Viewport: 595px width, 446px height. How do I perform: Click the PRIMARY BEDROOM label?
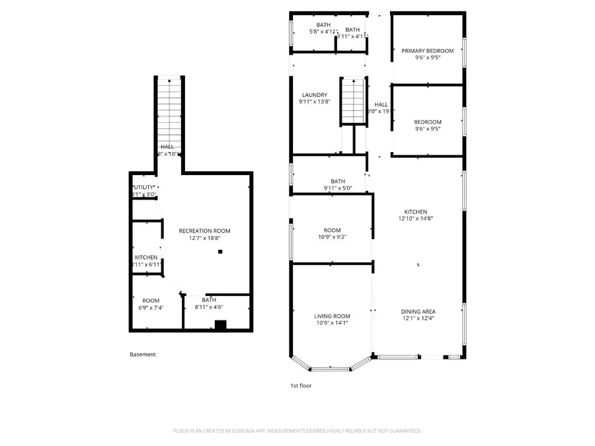(x=428, y=50)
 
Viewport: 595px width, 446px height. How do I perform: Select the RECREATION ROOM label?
(x=204, y=231)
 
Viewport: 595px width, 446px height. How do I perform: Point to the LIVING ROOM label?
(x=332, y=316)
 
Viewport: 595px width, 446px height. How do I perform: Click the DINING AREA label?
(x=418, y=311)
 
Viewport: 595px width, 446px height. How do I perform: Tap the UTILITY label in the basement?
(x=144, y=187)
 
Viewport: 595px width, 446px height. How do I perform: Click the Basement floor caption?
(x=143, y=354)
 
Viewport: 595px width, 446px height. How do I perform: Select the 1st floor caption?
(x=301, y=385)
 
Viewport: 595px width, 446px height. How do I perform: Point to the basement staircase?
(x=170, y=106)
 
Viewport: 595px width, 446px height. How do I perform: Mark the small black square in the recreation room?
(x=221, y=251)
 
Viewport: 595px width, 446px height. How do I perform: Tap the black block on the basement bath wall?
(x=221, y=324)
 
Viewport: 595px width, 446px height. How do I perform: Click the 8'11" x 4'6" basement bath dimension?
(x=209, y=307)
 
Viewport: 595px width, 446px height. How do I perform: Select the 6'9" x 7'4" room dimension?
(x=151, y=307)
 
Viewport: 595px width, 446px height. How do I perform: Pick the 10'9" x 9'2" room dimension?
(x=332, y=237)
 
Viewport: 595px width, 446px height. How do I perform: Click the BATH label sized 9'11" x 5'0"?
(x=338, y=181)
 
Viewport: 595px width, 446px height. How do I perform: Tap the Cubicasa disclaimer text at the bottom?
(x=297, y=431)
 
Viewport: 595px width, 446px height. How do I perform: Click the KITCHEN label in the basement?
(x=146, y=257)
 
